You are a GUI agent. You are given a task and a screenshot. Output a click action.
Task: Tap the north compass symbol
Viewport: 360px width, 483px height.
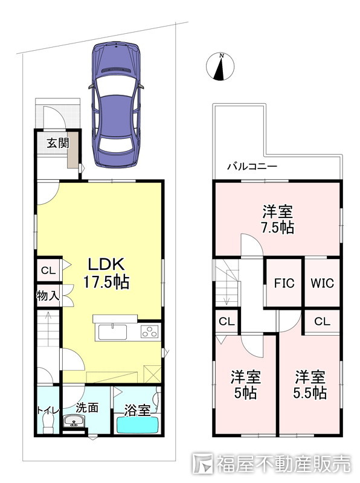pos(220,67)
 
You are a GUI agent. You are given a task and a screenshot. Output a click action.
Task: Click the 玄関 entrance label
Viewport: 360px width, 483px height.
pos(57,143)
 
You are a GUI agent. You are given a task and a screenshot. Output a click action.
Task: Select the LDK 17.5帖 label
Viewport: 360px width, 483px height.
pos(106,273)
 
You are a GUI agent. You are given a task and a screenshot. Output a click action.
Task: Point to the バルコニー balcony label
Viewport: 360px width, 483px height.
pos(252,167)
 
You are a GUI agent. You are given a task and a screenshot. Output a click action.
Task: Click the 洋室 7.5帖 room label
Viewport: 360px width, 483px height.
pos(277,219)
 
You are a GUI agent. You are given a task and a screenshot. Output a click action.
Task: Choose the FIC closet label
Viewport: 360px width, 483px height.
pos(284,283)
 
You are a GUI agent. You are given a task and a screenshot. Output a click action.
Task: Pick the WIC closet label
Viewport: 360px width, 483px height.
pos(322,283)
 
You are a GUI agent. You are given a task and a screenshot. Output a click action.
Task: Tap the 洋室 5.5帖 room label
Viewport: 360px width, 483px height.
pos(310,385)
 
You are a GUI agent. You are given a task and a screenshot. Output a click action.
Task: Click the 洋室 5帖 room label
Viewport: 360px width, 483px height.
pos(246,385)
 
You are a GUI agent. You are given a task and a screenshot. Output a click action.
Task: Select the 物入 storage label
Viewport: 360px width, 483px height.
pos(48,296)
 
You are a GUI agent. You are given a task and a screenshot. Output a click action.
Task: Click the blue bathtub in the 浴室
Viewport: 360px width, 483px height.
pos(138,424)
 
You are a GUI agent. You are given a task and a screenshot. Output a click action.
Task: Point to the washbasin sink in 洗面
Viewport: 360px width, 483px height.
pos(74,421)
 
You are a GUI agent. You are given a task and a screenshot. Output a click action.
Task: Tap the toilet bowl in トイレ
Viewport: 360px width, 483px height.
pos(48,423)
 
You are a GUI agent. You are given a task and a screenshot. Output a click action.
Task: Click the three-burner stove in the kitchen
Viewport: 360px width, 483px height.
pos(150,332)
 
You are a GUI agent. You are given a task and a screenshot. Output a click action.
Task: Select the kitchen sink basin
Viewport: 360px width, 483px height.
pos(113,332)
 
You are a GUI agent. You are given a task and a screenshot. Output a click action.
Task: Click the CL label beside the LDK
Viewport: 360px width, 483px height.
pos(48,270)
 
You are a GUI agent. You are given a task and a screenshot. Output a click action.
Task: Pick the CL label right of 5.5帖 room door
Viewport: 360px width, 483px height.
pos(322,322)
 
